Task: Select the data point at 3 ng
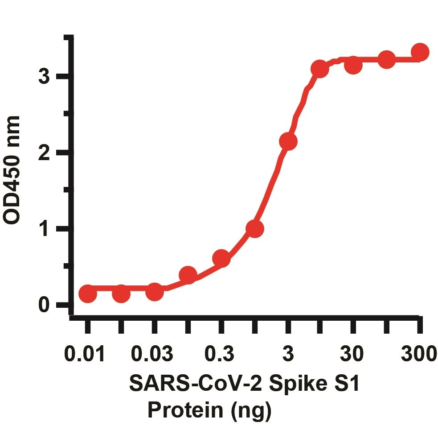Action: pos(288,141)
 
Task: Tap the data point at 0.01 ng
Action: pos(88,294)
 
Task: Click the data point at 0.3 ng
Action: pos(221,258)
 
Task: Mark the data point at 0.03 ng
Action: pos(154,292)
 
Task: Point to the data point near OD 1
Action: pos(254,229)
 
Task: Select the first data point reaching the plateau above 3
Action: pos(319,69)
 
